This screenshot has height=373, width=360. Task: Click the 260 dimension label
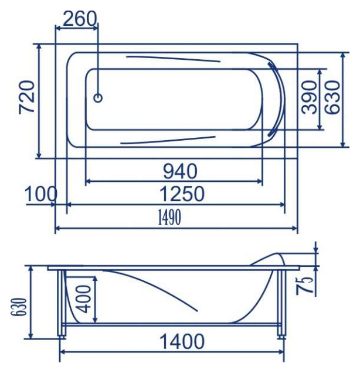(80, 19)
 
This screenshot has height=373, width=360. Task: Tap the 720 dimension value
(27, 97)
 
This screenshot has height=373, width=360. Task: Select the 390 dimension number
(309, 97)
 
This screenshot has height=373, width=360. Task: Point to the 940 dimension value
(180, 171)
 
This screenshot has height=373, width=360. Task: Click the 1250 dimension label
(182, 194)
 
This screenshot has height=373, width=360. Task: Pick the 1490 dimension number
(169, 217)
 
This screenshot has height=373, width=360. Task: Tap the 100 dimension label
(41, 194)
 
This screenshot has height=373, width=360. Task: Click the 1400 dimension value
(182, 341)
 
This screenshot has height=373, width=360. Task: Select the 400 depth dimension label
(84, 299)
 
